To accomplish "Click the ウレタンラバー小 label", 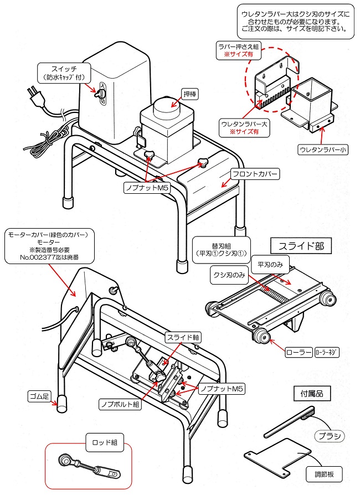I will coord(324,149).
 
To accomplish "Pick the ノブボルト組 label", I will coord(120,404).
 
